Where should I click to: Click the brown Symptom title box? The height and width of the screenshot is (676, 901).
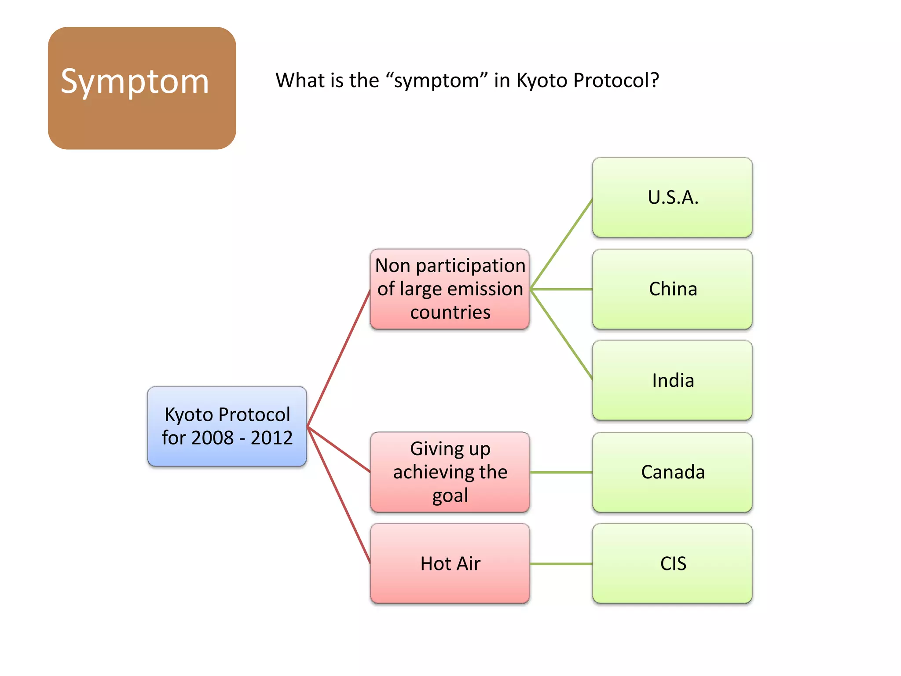tap(142, 88)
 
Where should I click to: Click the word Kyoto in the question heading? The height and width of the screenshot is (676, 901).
tap(542, 81)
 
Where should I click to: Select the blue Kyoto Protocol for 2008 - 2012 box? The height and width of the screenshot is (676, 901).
tap(227, 426)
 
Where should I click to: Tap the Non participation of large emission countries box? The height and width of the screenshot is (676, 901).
tap(450, 289)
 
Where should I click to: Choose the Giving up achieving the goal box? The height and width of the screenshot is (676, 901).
tap(450, 472)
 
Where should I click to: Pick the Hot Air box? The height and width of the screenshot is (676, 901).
tap(450, 563)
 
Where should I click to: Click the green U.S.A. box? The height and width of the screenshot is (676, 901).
tap(672, 197)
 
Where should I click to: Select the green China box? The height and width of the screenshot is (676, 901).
tap(672, 289)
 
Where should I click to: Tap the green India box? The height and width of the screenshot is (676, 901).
tap(672, 380)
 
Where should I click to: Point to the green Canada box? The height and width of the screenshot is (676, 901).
tap(672, 472)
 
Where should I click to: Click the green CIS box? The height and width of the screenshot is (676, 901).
tap(672, 563)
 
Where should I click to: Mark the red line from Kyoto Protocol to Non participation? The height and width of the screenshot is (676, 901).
tap(339, 358)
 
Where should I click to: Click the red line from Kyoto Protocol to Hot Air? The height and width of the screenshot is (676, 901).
tap(339, 495)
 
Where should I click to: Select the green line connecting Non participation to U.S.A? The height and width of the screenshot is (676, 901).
tap(562, 244)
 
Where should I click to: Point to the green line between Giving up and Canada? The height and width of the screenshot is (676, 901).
tap(561, 472)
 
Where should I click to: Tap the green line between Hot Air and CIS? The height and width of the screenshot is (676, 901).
tap(561, 564)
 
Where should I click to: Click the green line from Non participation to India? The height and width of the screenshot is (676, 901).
tap(562, 334)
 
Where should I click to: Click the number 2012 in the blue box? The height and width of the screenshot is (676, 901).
tap(271, 438)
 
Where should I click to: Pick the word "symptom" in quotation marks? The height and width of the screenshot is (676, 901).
tap(436, 81)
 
